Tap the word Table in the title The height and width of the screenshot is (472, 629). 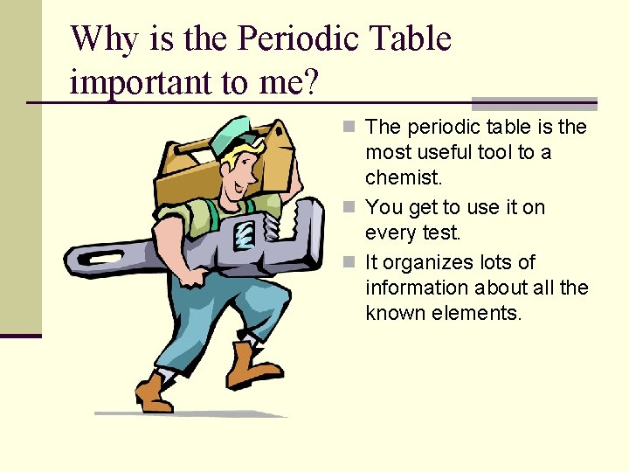411,39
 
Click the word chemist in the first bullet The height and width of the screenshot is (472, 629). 403,177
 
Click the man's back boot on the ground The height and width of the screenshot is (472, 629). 154,393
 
